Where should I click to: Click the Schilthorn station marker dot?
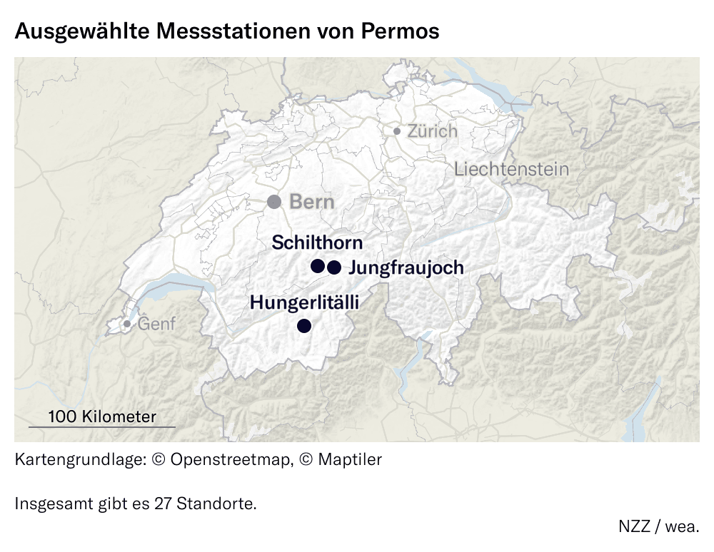318,266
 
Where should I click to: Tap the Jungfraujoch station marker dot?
333,267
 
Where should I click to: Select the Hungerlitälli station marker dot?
304,327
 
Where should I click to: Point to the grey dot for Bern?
274,202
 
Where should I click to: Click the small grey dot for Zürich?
397,131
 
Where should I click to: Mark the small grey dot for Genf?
127,324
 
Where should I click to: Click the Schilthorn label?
317,242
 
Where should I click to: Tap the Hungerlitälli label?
304,302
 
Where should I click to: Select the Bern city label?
311,202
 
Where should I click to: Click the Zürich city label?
432,131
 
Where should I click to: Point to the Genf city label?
156,324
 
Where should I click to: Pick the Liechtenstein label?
511,170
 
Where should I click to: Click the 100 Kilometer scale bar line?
101,426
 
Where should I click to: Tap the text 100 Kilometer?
101,416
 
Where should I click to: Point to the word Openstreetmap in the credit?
231,459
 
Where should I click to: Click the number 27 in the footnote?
162,504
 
